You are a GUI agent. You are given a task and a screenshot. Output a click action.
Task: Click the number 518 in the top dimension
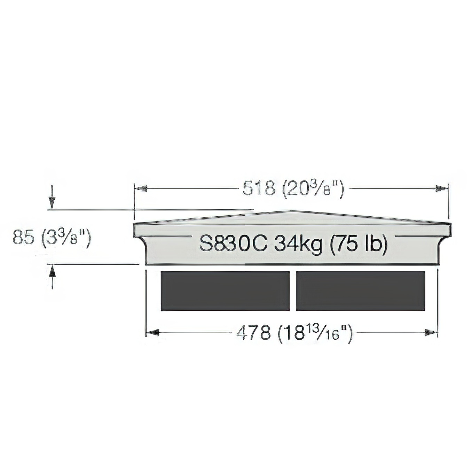click(258, 189)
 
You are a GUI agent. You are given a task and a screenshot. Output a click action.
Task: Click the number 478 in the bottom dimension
click(253, 333)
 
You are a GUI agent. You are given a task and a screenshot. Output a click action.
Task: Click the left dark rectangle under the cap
click(225, 291)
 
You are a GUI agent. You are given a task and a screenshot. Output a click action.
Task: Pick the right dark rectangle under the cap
click(360, 291)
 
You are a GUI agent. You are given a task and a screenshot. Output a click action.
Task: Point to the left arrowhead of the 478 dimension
click(152, 333)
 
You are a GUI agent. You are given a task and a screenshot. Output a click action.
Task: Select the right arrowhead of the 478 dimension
click(431, 333)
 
